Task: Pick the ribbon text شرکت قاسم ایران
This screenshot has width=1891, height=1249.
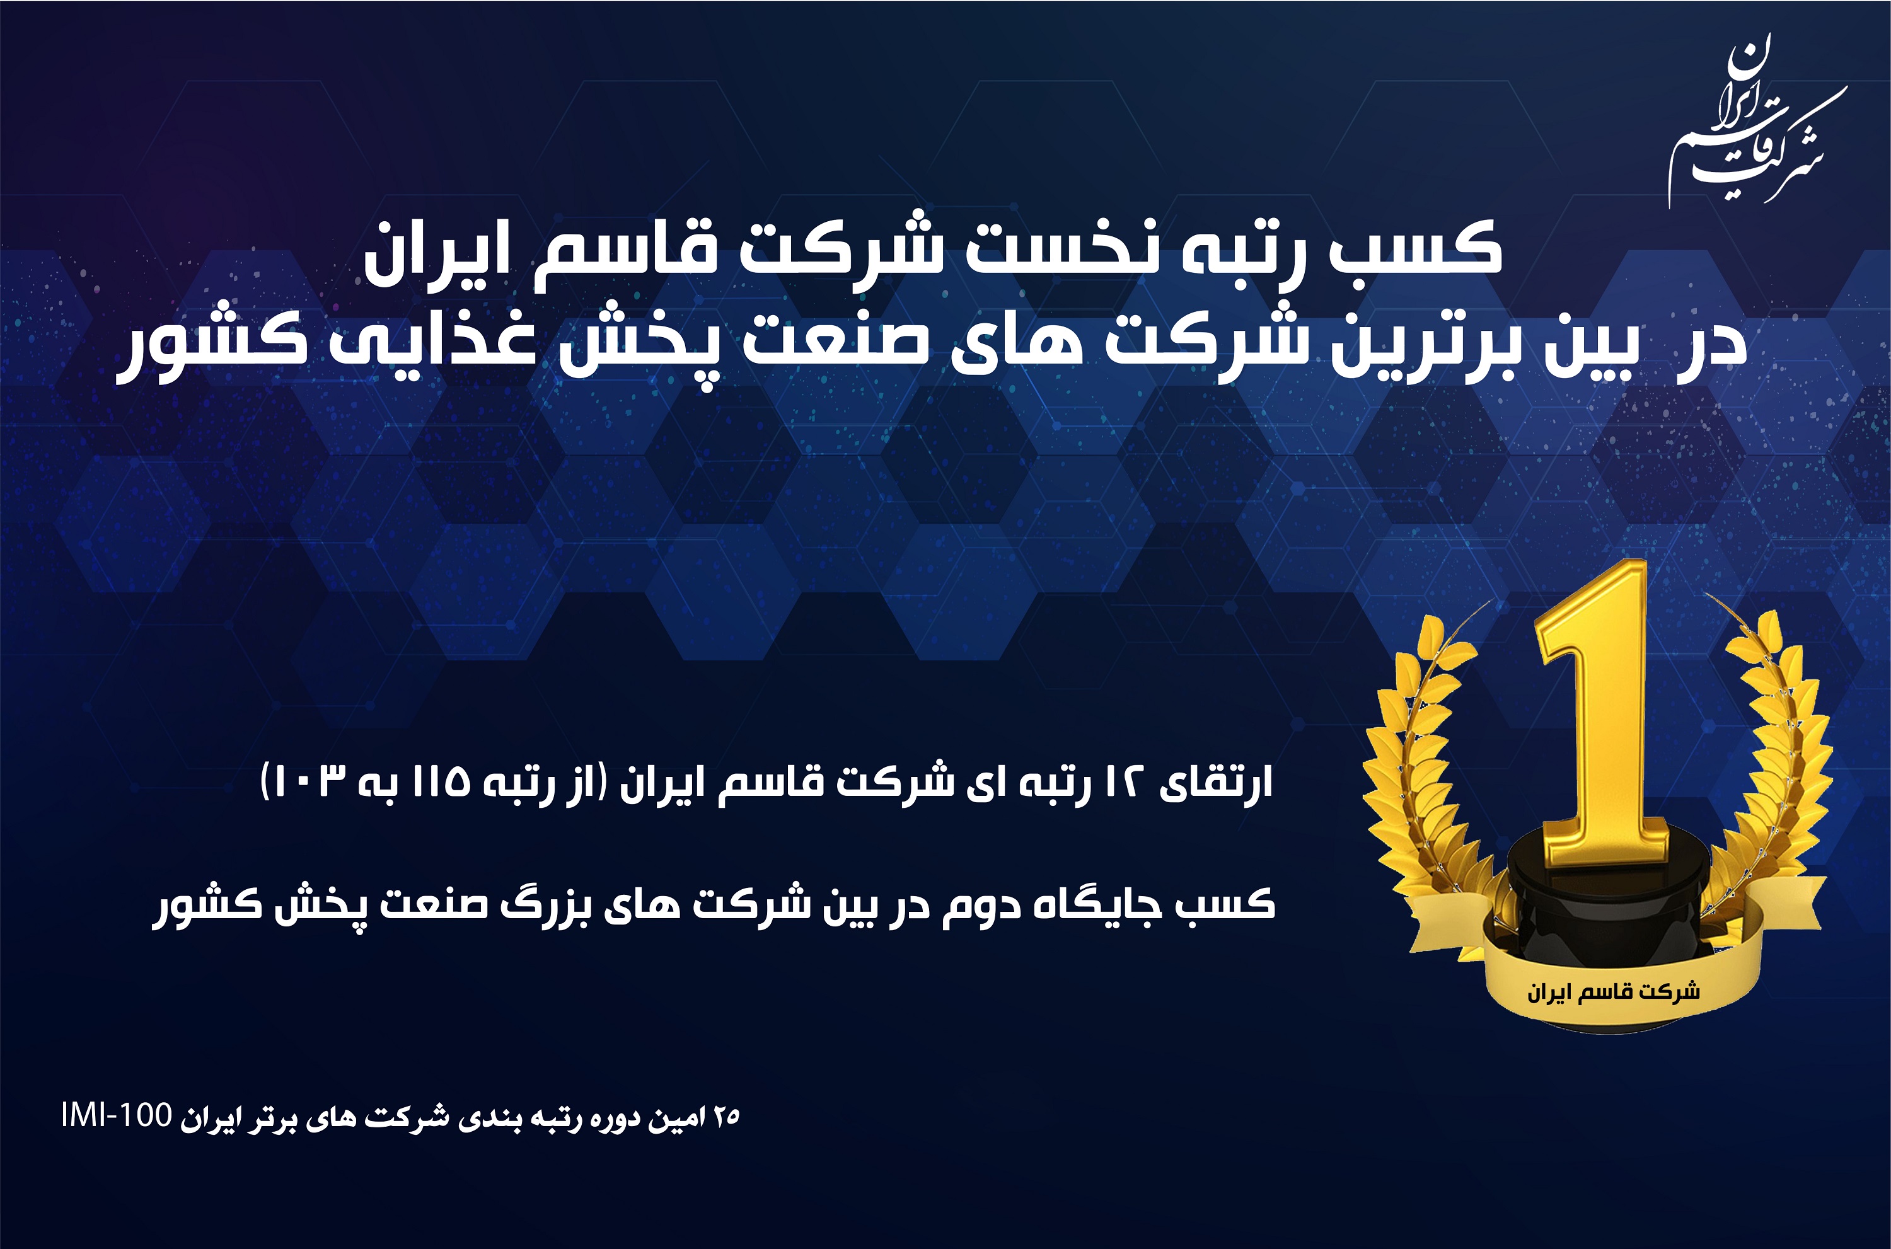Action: coord(1613,993)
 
